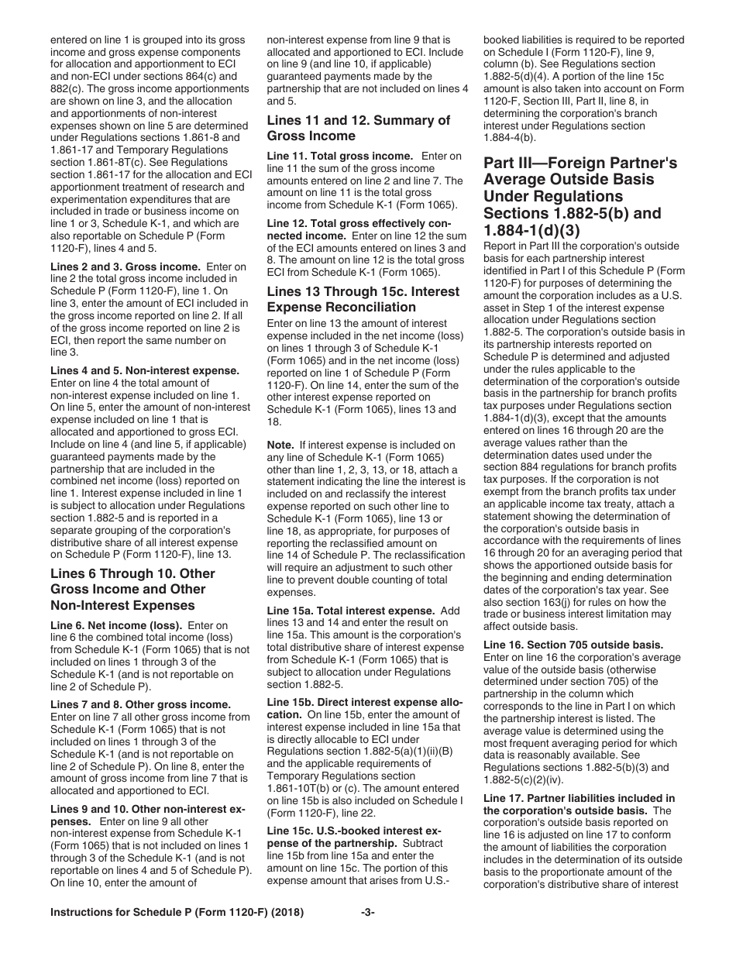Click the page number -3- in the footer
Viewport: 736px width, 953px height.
point(368,934)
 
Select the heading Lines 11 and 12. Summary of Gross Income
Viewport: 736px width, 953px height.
point(358,128)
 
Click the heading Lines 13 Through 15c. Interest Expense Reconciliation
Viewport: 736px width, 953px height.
point(363,299)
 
